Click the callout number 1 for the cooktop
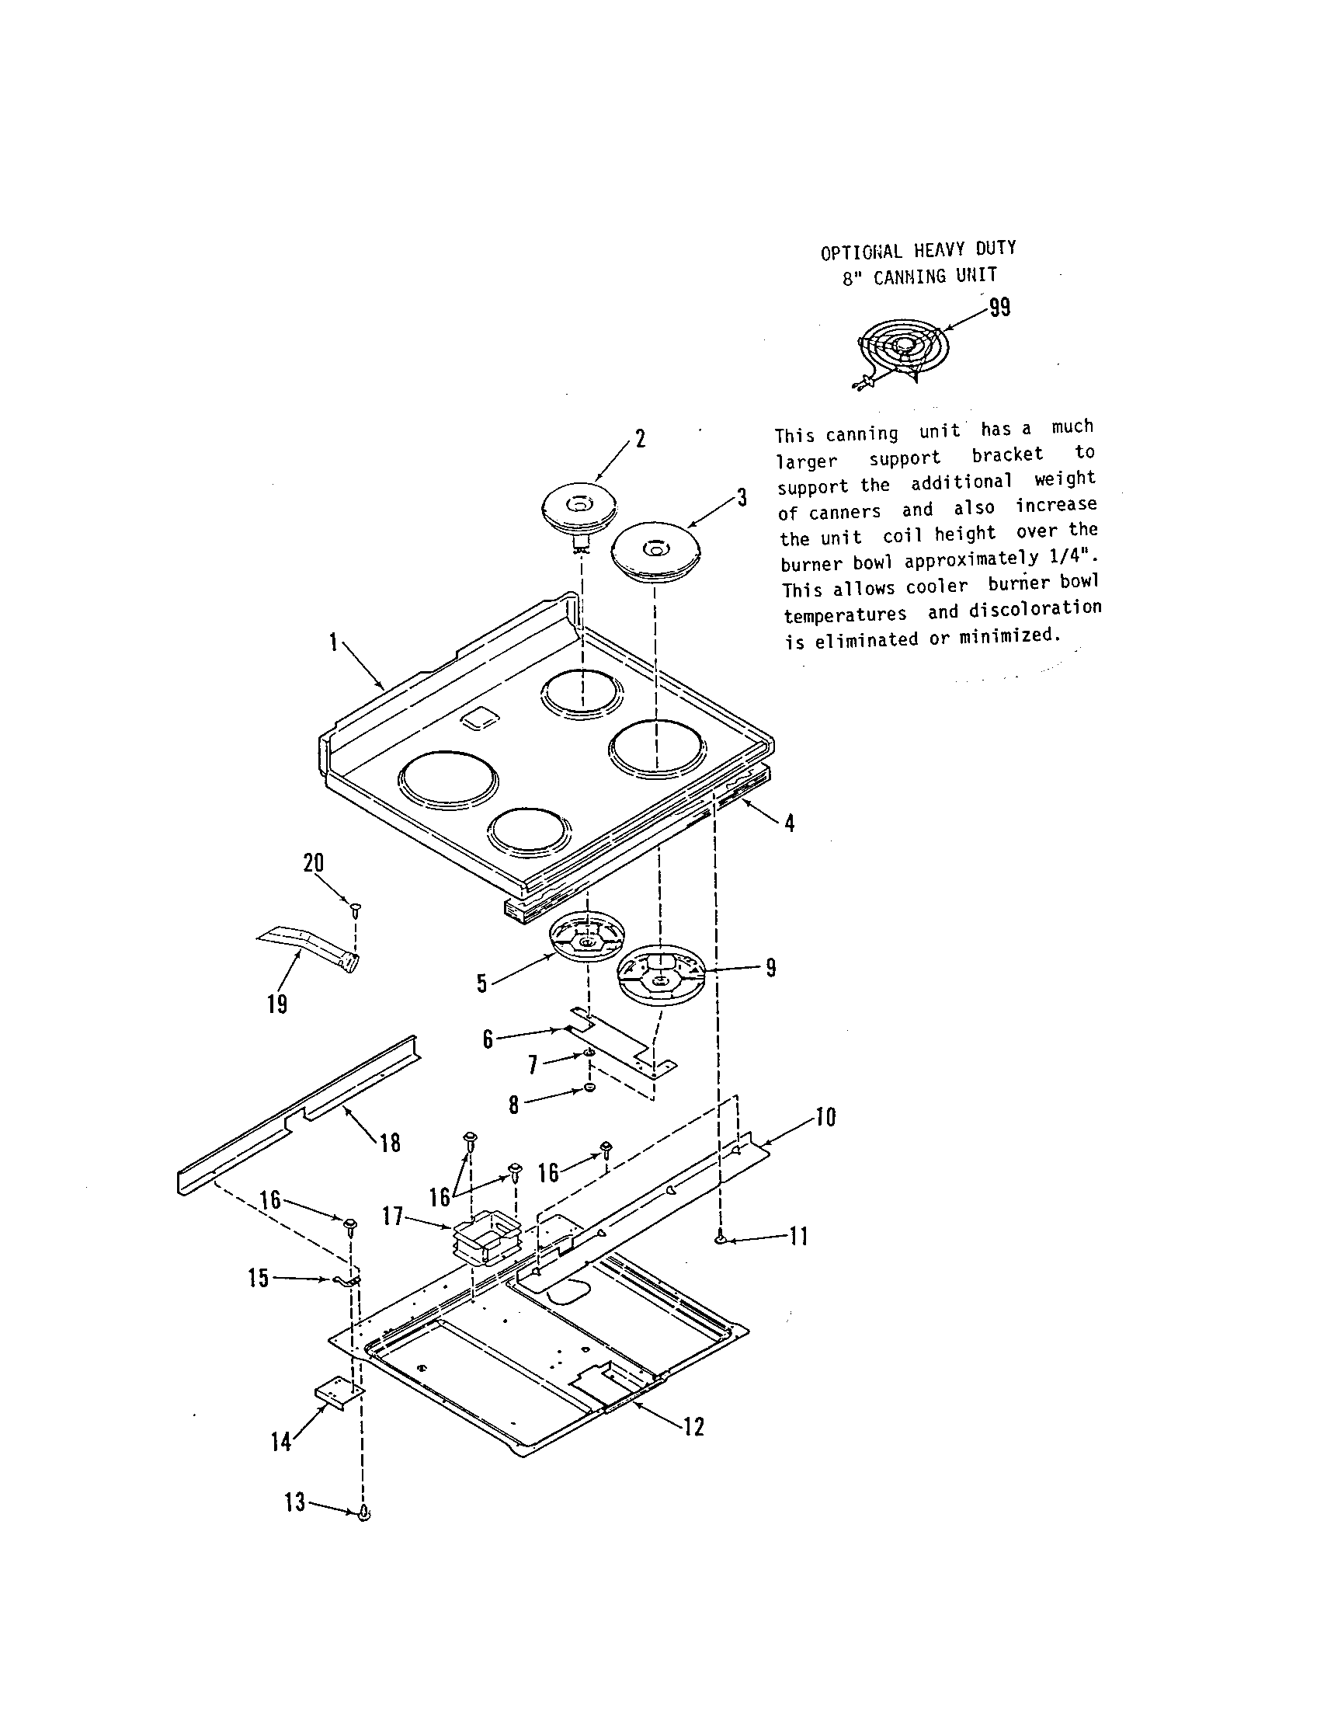click(334, 642)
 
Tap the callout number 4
click(790, 823)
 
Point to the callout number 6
click(488, 1040)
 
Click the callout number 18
click(390, 1143)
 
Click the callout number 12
click(693, 1426)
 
